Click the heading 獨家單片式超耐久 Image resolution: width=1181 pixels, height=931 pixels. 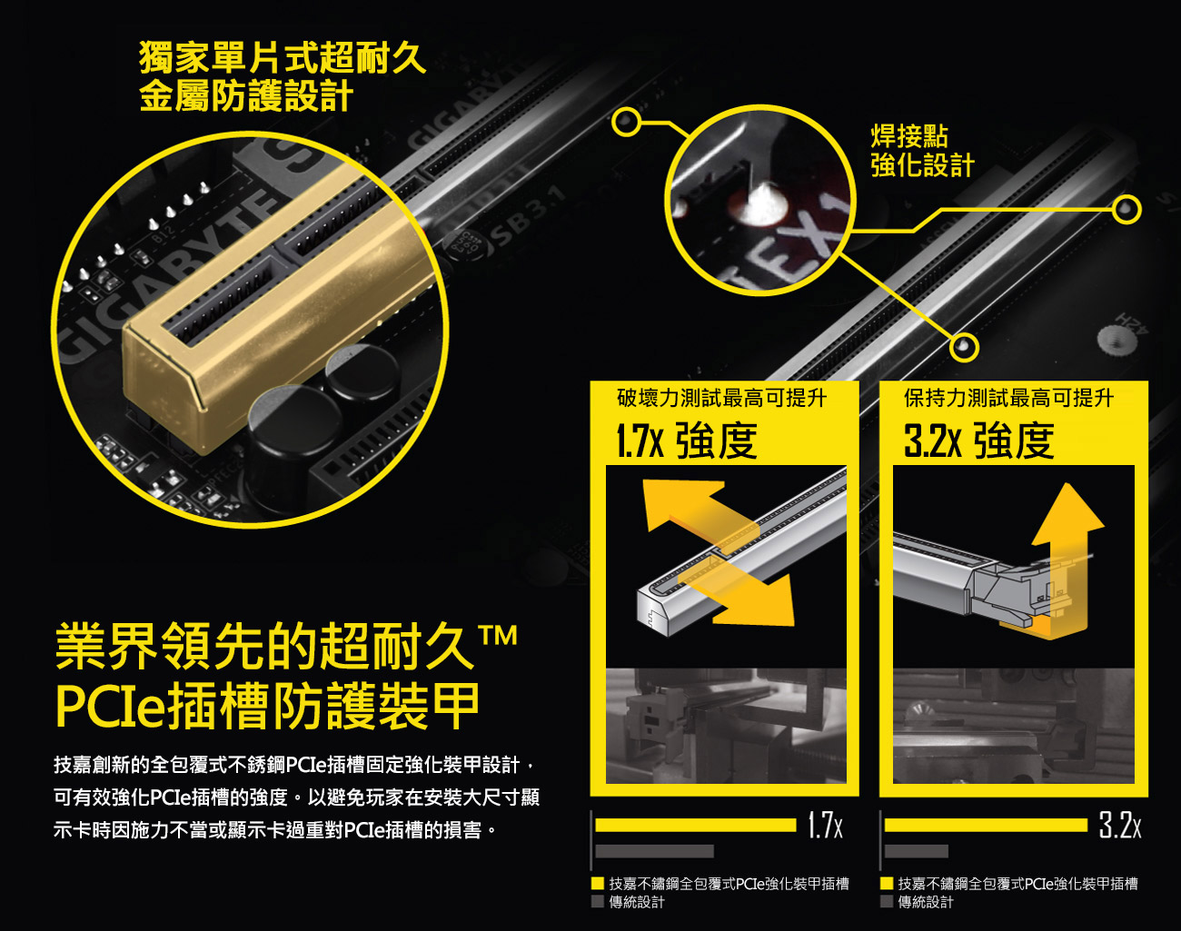click(x=283, y=57)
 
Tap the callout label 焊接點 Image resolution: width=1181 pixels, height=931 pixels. click(x=909, y=135)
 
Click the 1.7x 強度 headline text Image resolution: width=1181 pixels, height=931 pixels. click(x=687, y=441)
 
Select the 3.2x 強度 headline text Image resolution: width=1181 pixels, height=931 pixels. click(x=979, y=441)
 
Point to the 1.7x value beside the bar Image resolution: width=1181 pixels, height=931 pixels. click(x=825, y=825)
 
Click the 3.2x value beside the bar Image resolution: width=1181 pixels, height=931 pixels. click(x=1119, y=825)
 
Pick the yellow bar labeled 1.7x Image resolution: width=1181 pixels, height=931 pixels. click(x=695, y=825)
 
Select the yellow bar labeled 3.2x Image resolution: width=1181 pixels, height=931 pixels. click(x=986, y=825)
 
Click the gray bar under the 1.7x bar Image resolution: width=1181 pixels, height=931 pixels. click(x=654, y=851)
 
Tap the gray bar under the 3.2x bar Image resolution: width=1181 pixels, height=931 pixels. click(x=916, y=851)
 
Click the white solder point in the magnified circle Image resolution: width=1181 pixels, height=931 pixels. click(x=759, y=204)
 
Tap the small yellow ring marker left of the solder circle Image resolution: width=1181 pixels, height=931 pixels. click(x=626, y=122)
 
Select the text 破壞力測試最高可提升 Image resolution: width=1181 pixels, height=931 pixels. click(x=721, y=398)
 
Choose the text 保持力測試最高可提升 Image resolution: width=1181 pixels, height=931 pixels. click(x=1008, y=398)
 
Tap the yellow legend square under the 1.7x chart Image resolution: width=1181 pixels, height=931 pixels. click(x=598, y=883)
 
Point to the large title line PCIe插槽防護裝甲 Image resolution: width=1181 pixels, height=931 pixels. click(x=267, y=706)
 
